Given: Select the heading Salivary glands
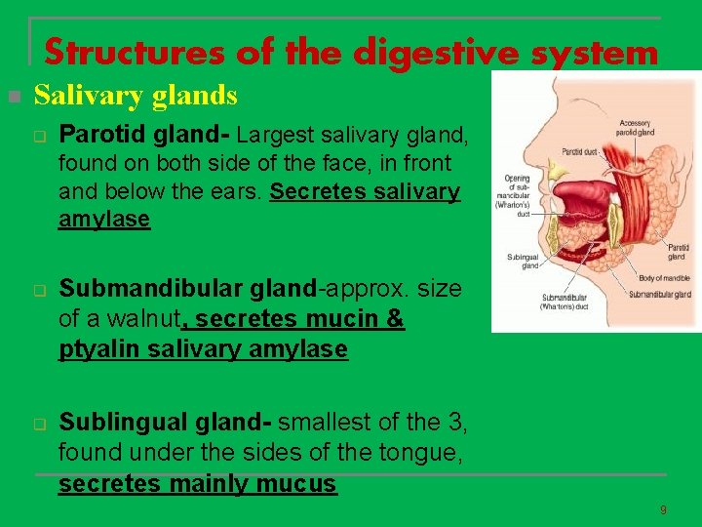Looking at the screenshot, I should (136, 96).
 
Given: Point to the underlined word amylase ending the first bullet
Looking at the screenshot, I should (104, 219).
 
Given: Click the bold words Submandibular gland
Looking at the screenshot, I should (188, 290).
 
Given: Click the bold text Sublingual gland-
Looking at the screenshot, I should (165, 424).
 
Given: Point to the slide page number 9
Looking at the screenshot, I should (663, 510).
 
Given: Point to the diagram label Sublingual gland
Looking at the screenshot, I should (523, 260).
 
